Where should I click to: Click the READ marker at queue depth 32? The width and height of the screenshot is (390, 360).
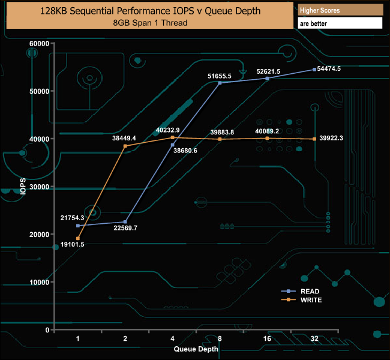point(314,70)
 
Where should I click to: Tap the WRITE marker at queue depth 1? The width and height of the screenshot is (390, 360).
point(78,239)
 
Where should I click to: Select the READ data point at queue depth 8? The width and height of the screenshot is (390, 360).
point(220,83)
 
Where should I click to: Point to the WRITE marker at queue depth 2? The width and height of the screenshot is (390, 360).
point(125,146)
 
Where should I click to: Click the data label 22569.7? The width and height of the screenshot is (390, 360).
point(125,228)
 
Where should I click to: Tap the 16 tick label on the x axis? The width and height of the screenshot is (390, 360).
point(267,339)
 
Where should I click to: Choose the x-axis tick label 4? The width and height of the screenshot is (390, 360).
point(173,339)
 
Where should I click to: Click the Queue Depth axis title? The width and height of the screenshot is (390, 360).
point(196,349)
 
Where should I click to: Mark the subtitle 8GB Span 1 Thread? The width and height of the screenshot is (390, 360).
point(150,23)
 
